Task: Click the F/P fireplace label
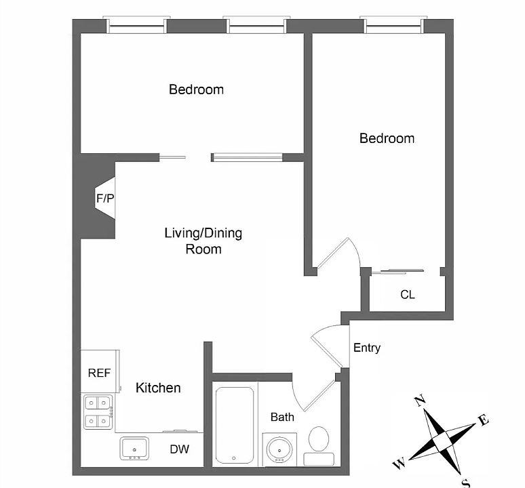coord(104,199)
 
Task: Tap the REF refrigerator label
coord(99,373)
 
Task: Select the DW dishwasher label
coord(179,449)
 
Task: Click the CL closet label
coord(408,295)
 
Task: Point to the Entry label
coord(367,348)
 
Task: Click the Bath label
coord(282,417)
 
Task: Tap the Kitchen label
coord(158,388)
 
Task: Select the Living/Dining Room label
coord(203,241)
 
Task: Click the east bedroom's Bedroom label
coord(387,138)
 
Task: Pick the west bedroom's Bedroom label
coord(196,89)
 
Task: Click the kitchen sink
coord(134,448)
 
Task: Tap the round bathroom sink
coord(279,449)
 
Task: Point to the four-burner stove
coord(98,413)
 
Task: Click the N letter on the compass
coord(420,401)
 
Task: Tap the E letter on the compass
coord(484,420)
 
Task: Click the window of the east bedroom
coord(393,26)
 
